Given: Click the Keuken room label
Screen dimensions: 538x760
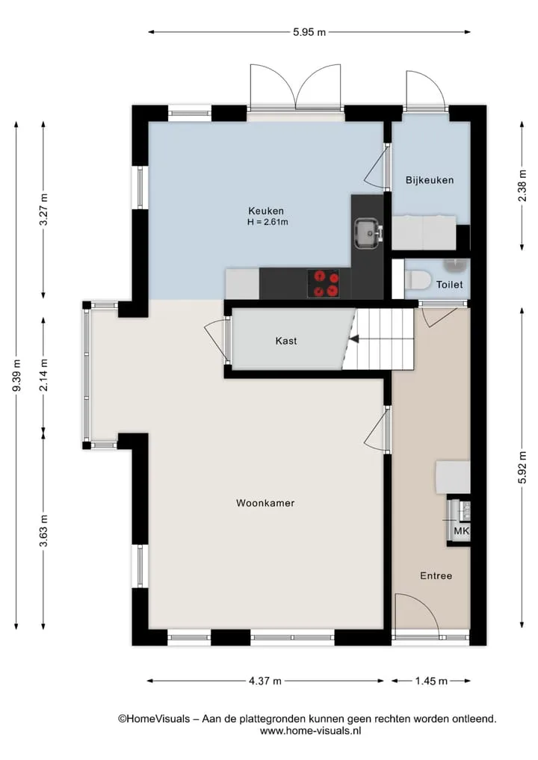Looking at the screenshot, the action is pyautogui.click(x=265, y=211).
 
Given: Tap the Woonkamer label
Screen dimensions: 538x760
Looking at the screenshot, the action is pyautogui.click(x=265, y=503).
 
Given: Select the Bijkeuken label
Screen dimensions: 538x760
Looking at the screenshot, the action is pyautogui.click(x=430, y=180).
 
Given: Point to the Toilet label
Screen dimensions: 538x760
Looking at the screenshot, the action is pyautogui.click(x=449, y=285).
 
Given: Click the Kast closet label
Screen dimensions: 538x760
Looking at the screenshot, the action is pyautogui.click(x=286, y=341).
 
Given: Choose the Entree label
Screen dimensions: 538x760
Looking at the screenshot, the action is pyautogui.click(x=436, y=576).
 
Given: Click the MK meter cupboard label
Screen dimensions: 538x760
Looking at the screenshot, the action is pyautogui.click(x=461, y=531).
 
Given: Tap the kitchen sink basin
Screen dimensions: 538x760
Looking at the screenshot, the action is pyautogui.click(x=368, y=233).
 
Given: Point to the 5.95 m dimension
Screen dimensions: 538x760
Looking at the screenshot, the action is pyautogui.click(x=309, y=32).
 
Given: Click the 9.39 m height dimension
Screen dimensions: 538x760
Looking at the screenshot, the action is pyautogui.click(x=16, y=376).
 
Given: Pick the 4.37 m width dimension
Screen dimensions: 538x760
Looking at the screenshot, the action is pyautogui.click(x=265, y=681).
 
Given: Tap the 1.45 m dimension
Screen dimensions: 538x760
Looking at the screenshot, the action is pyautogui.click(x=431, y=681).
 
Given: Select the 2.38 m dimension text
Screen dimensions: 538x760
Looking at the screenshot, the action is pyautogui.click(x=522, y=186).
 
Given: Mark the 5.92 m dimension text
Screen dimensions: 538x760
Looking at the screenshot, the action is pyautogui.click(x=522, y=467).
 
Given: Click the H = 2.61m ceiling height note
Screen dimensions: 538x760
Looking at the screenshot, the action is pyautogui.click(x=268, y=222).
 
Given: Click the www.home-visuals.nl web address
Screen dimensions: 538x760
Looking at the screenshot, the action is pyautogui.click(x=310, y=731).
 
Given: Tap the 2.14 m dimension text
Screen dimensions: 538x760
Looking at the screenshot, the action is pyautogui.click(x=43, y=375).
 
